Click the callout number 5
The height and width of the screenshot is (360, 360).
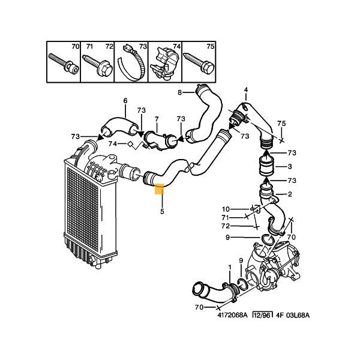162,211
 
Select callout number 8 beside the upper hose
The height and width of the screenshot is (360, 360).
180,92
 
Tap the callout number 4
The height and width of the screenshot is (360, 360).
246,90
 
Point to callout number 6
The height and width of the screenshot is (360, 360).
125,101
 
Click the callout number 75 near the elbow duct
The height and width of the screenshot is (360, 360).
281,124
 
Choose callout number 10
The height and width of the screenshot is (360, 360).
226,209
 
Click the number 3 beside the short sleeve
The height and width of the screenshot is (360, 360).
290,166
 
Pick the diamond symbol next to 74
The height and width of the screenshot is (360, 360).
130,144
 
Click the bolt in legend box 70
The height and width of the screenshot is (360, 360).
64,63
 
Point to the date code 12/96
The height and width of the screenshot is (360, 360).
263,315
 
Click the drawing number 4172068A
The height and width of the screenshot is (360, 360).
233,315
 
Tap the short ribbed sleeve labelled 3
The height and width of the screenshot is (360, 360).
266,166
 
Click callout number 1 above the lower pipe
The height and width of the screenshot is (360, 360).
230,267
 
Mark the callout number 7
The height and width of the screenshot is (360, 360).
157,119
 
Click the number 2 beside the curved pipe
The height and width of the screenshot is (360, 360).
290,194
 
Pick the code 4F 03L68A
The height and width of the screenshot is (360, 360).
293,315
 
